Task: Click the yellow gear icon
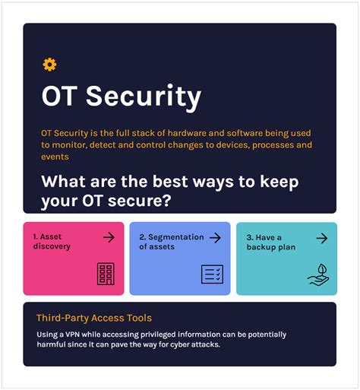pyautogui.click(x=49, y=65)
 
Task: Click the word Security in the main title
pyautogui.click(x=144, y=97)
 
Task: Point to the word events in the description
pyautogui.click(x=55, y=157)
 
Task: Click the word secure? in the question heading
pyautogui.click(x=140, y=201)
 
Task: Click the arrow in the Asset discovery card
pyautogui.click(x=109, y=237)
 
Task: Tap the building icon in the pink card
pyautogui.click(x=106, y=274)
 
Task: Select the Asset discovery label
pyautogui.click(x=52, y=241)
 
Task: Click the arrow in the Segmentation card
pyautogui.click(x=215, y=238)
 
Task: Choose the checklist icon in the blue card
pyautogui.click(x=212, y=274)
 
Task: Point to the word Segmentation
pyautogui.click(x=172, y=237)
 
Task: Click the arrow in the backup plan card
pyautogui.click(x=322, y=238)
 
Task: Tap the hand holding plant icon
pyautogui.click(x=318, y=275)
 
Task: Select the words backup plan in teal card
pyautogui.click(x=271, y=247)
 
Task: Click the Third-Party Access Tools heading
pyautogui.click(x=94, y=318)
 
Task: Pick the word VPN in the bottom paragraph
pyautogui.click(x=73, y=335)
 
